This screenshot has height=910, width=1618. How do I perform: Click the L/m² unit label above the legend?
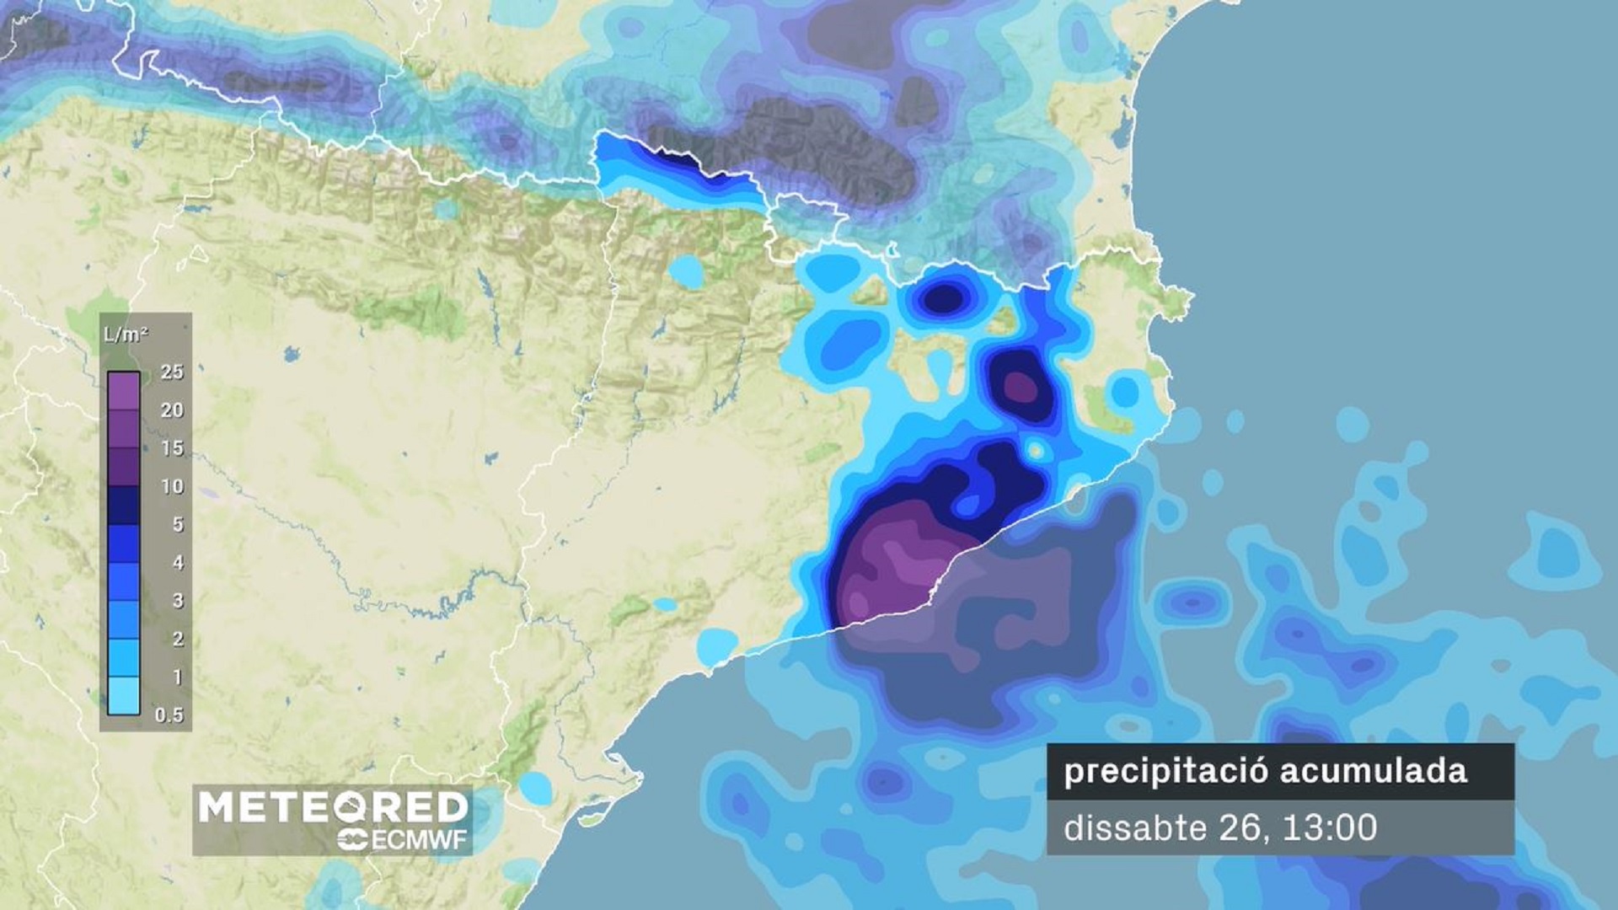[126, 335]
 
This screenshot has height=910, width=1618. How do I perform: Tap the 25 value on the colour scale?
[172, 372]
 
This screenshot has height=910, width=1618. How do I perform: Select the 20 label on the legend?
[172, 410]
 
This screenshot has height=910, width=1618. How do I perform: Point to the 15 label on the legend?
[172, 448]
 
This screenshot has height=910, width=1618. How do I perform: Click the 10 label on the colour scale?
[172, 486]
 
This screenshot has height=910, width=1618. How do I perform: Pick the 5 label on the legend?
[178, 524]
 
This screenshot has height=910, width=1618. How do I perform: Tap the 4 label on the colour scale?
[178, 562]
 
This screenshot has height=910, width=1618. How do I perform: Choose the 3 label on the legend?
[178, 601]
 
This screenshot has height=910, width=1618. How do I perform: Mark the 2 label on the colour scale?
[178, 639]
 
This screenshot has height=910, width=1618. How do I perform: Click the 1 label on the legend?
[178, 677]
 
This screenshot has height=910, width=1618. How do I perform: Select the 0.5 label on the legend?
[169, 715]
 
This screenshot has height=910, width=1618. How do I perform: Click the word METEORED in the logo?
[333, 807]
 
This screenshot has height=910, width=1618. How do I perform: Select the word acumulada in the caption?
[1374, 772]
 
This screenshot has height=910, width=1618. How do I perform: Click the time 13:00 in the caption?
[1330, 827]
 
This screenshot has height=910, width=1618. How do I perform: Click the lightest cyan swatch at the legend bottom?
[124, 696]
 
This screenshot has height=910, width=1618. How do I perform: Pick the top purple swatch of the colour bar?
[124, 391]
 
